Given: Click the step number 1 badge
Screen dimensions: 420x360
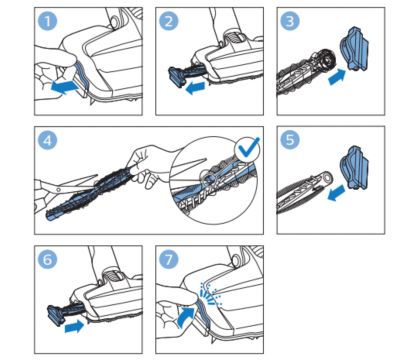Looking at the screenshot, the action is pyautogui.click(x=48, y=21).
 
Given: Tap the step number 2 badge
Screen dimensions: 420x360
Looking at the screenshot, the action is pyautogui.click(x=169, y=21).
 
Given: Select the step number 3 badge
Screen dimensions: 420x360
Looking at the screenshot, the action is pyautogui.click(x=290, y=21).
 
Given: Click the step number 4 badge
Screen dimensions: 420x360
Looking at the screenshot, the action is pyautogui.click(x=48, y=140).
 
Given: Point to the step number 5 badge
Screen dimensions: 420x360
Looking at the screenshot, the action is pyautogui.click(x=290, y=140).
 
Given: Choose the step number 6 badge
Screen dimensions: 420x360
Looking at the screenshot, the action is pyautogui.click(x=48, y=259).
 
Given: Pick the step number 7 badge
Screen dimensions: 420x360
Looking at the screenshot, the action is pyautogui.click(x=169, y=259).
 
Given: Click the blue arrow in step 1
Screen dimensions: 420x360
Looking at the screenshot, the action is pyautogui.click(x=65, y=87).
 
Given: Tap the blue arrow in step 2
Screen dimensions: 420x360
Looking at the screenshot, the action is pyautogui.click(x=195, y=88).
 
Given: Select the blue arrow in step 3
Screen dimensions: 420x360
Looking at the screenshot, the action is pyautogui.click(x=337, y=77).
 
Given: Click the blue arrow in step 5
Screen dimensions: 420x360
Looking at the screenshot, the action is pyautogui.click(x=336, y=193).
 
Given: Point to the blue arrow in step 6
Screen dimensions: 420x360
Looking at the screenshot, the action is pyautogui.click(x=74, y=326).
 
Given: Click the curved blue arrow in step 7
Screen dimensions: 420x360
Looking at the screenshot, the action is pyautogui.click(x=184, y=317).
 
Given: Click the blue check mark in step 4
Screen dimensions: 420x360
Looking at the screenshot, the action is pyautogui.click(x=248, y=147).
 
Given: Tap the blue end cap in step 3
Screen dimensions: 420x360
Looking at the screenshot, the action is pyautogui.click(x=354, y=49).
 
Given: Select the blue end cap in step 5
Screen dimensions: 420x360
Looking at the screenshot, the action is pyautogui.click(x=354, y=168).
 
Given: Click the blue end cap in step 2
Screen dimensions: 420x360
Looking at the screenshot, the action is pyautogui.click(x=177, y=77).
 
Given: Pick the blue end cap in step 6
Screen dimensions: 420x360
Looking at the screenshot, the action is pyautogui.click(x=56, y=315).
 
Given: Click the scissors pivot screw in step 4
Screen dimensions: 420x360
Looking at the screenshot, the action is pyautogui.click(x=59, y=189).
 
